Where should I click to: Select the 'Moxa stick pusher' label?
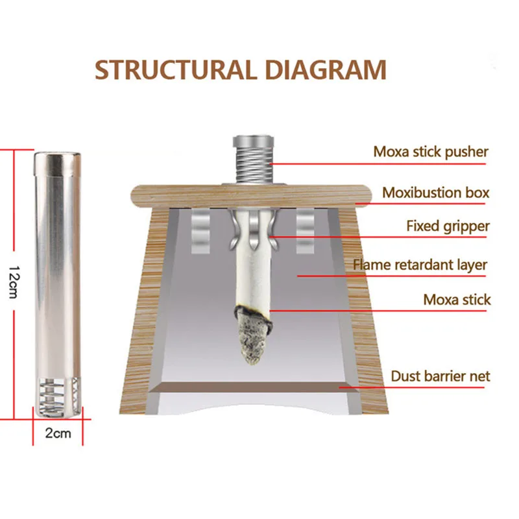click(431, 152)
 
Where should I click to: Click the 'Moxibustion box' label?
click(436, 193)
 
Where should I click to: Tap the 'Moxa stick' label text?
click(457, 300)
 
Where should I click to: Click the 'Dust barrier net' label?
click(441, 376)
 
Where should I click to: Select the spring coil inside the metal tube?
click(58, 393)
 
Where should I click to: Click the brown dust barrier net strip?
click(253, 388)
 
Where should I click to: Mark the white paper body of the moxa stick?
click(252, 272)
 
